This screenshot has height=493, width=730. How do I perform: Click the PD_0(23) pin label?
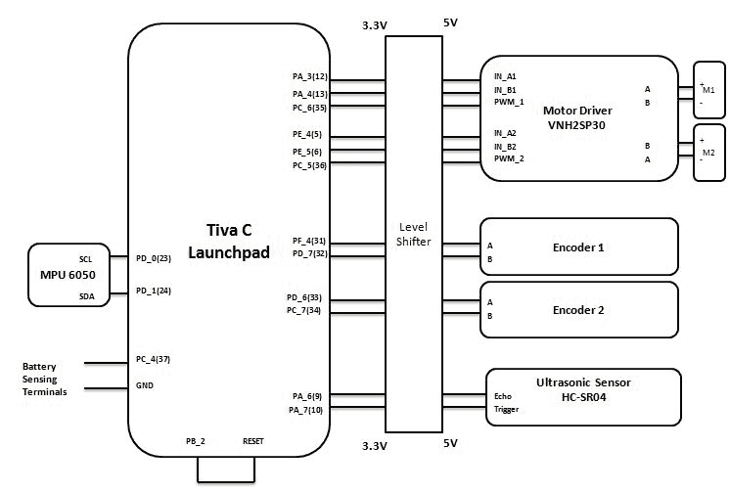(154, 259)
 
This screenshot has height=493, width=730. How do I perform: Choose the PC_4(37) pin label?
(154, 359)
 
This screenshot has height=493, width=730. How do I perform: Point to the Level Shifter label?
(414, 234)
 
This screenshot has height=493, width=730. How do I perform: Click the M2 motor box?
(708, 153)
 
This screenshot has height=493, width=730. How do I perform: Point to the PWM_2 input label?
(509, 158)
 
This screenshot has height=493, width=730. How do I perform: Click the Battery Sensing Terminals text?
(45, 380)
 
